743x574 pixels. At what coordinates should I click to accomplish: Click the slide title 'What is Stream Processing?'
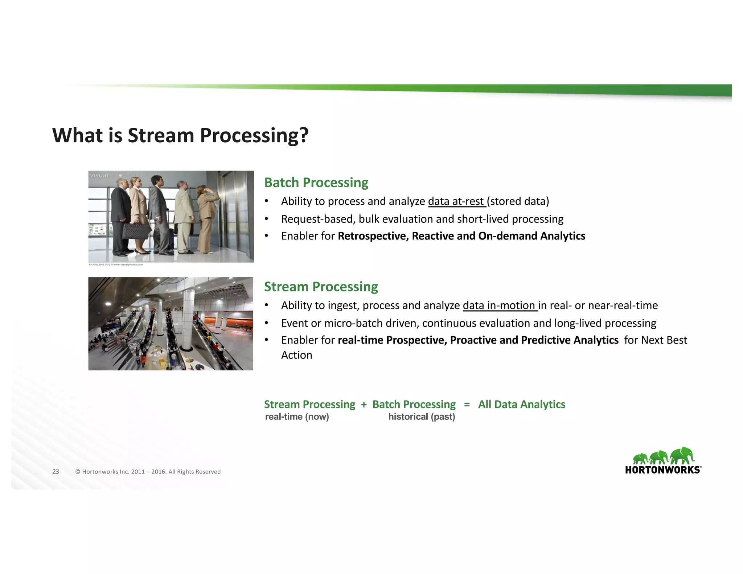pyautogui.click(x=180, y=135)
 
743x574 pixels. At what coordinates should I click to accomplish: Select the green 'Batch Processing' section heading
pyautogui.click(x=316, y=183)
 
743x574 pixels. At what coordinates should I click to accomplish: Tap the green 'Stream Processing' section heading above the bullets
pyautogui.click(x=321, y=287)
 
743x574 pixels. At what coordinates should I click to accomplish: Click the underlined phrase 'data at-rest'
pyautogui.click(x=456, y=201)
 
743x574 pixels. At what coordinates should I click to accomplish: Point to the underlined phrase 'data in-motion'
pyautogui.click(x=499, y=306)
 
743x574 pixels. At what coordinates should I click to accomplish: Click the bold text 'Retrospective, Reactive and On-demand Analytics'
pyautogui.click(x=461, y=236)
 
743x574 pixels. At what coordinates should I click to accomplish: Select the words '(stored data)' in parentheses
pyautogui.click(x=518, y=201)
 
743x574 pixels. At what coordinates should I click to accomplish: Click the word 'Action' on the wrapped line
pyautogui.click(x=296, y=355)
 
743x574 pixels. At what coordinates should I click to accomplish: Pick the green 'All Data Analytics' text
pyautogui.click(x=521, y=404)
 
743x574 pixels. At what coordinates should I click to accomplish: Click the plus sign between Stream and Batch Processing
pyautogui.click(x=364, y=405)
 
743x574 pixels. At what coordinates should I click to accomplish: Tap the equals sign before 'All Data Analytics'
pyautogui.click(x=467, y=404)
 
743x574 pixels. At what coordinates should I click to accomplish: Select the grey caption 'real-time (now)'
pyautogui.click(x=297, y=417)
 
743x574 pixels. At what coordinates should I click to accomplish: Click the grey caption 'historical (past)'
pyautogui.click(x=421, y=417)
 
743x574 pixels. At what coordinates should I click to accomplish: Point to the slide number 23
pyautogui.click(x=56, y=471)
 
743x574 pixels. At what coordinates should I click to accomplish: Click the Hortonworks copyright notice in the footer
pyautogui.click(x=148, y=472)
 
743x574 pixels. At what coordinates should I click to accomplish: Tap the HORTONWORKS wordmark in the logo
pyautogui.click(x=663, y=470)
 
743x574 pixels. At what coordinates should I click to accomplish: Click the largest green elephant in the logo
pyautogui.click(x=682, y=455)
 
